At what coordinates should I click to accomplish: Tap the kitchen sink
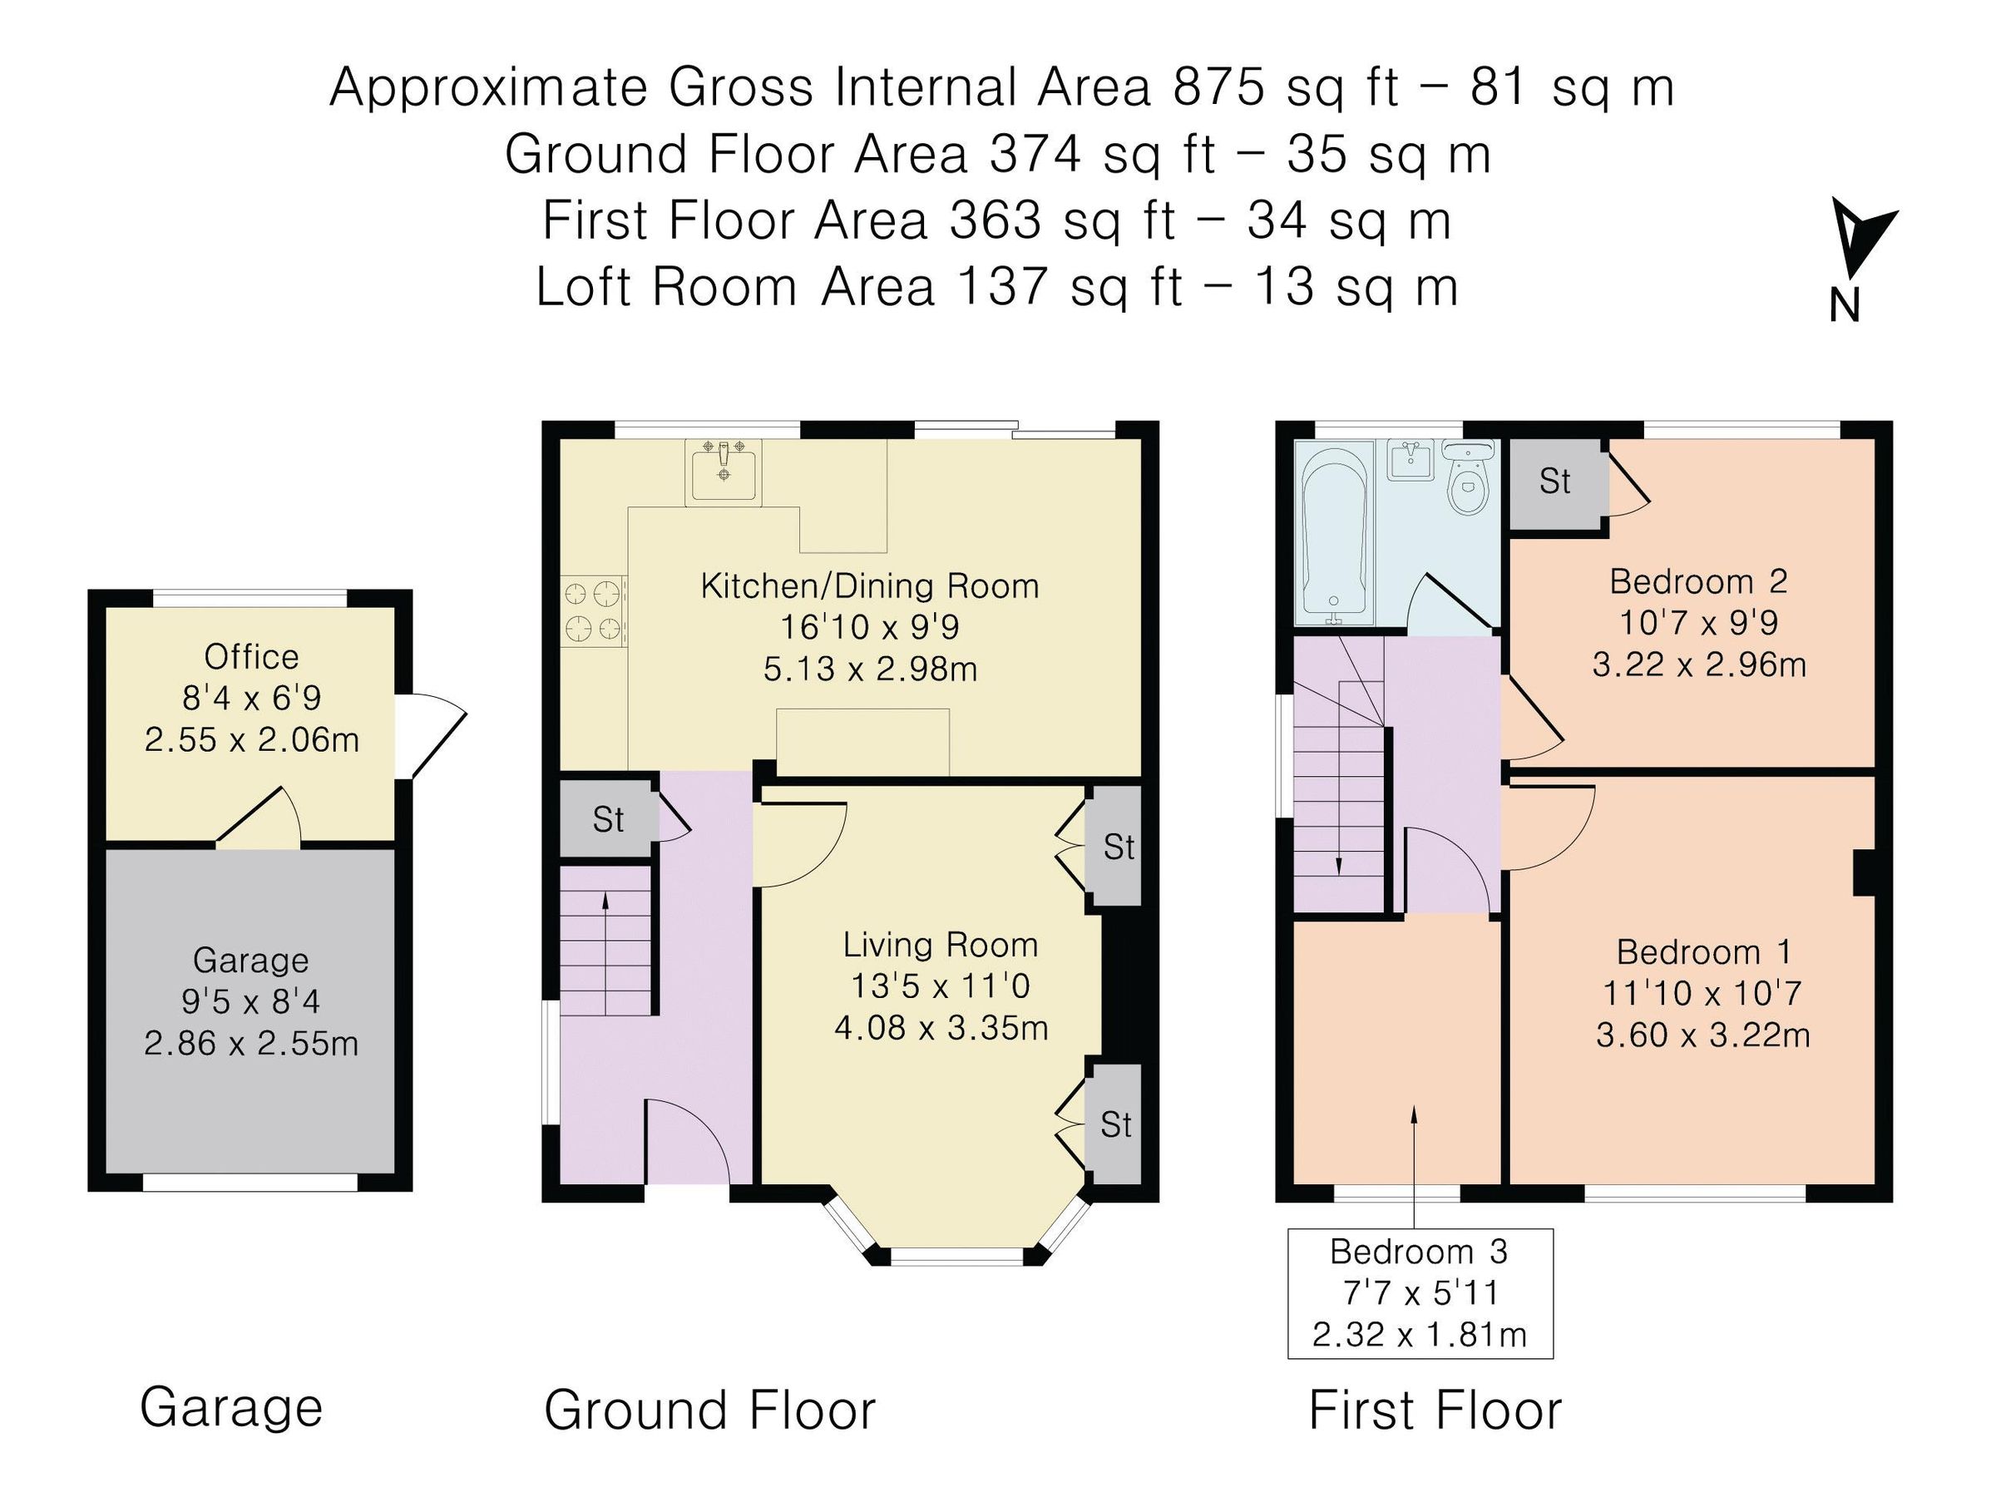[723, 471]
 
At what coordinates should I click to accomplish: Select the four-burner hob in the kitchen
[594, 611]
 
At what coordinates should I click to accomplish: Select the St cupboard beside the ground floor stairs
[608, 819]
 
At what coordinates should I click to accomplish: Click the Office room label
[252, 657]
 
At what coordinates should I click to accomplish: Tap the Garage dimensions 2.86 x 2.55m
[252, 1044]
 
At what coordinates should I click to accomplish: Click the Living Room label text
[941, 945]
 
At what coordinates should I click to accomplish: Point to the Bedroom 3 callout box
[1420, 1293]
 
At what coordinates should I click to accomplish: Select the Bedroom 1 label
[1703, 952]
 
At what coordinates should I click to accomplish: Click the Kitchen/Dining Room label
[870, 586]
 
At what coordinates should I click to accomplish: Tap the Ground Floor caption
[710, 1411]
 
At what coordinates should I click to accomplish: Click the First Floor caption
[1435, 1411]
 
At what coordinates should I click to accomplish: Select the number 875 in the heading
[1218, 88]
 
